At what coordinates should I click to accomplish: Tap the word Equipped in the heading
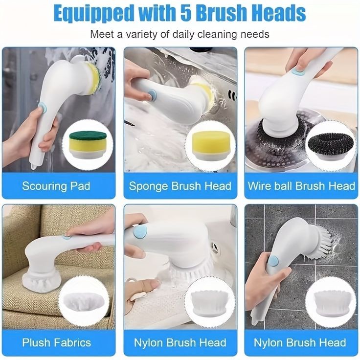(x=93, y=14)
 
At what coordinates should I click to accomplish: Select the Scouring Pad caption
(x=56, y=186)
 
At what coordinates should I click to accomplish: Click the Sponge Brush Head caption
(x=180, y=186)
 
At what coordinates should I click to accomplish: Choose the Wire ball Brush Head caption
(x=301, y=186)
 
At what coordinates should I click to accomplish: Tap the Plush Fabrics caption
(x=56, y=342)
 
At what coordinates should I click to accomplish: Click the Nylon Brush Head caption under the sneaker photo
(x=180, y=342)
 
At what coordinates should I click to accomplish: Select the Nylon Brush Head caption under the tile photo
(x=300, y=342)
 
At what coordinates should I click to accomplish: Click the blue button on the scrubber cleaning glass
(x=42, y=108)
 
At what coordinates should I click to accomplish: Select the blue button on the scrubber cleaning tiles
(x=273, y=261)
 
